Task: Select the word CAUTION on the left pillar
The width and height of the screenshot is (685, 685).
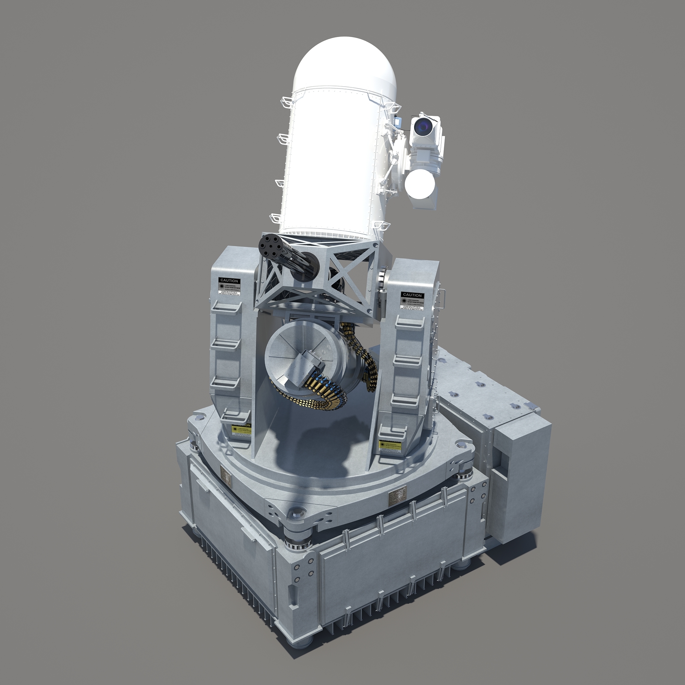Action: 229,281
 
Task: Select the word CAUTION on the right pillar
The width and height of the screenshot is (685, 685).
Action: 412,295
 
